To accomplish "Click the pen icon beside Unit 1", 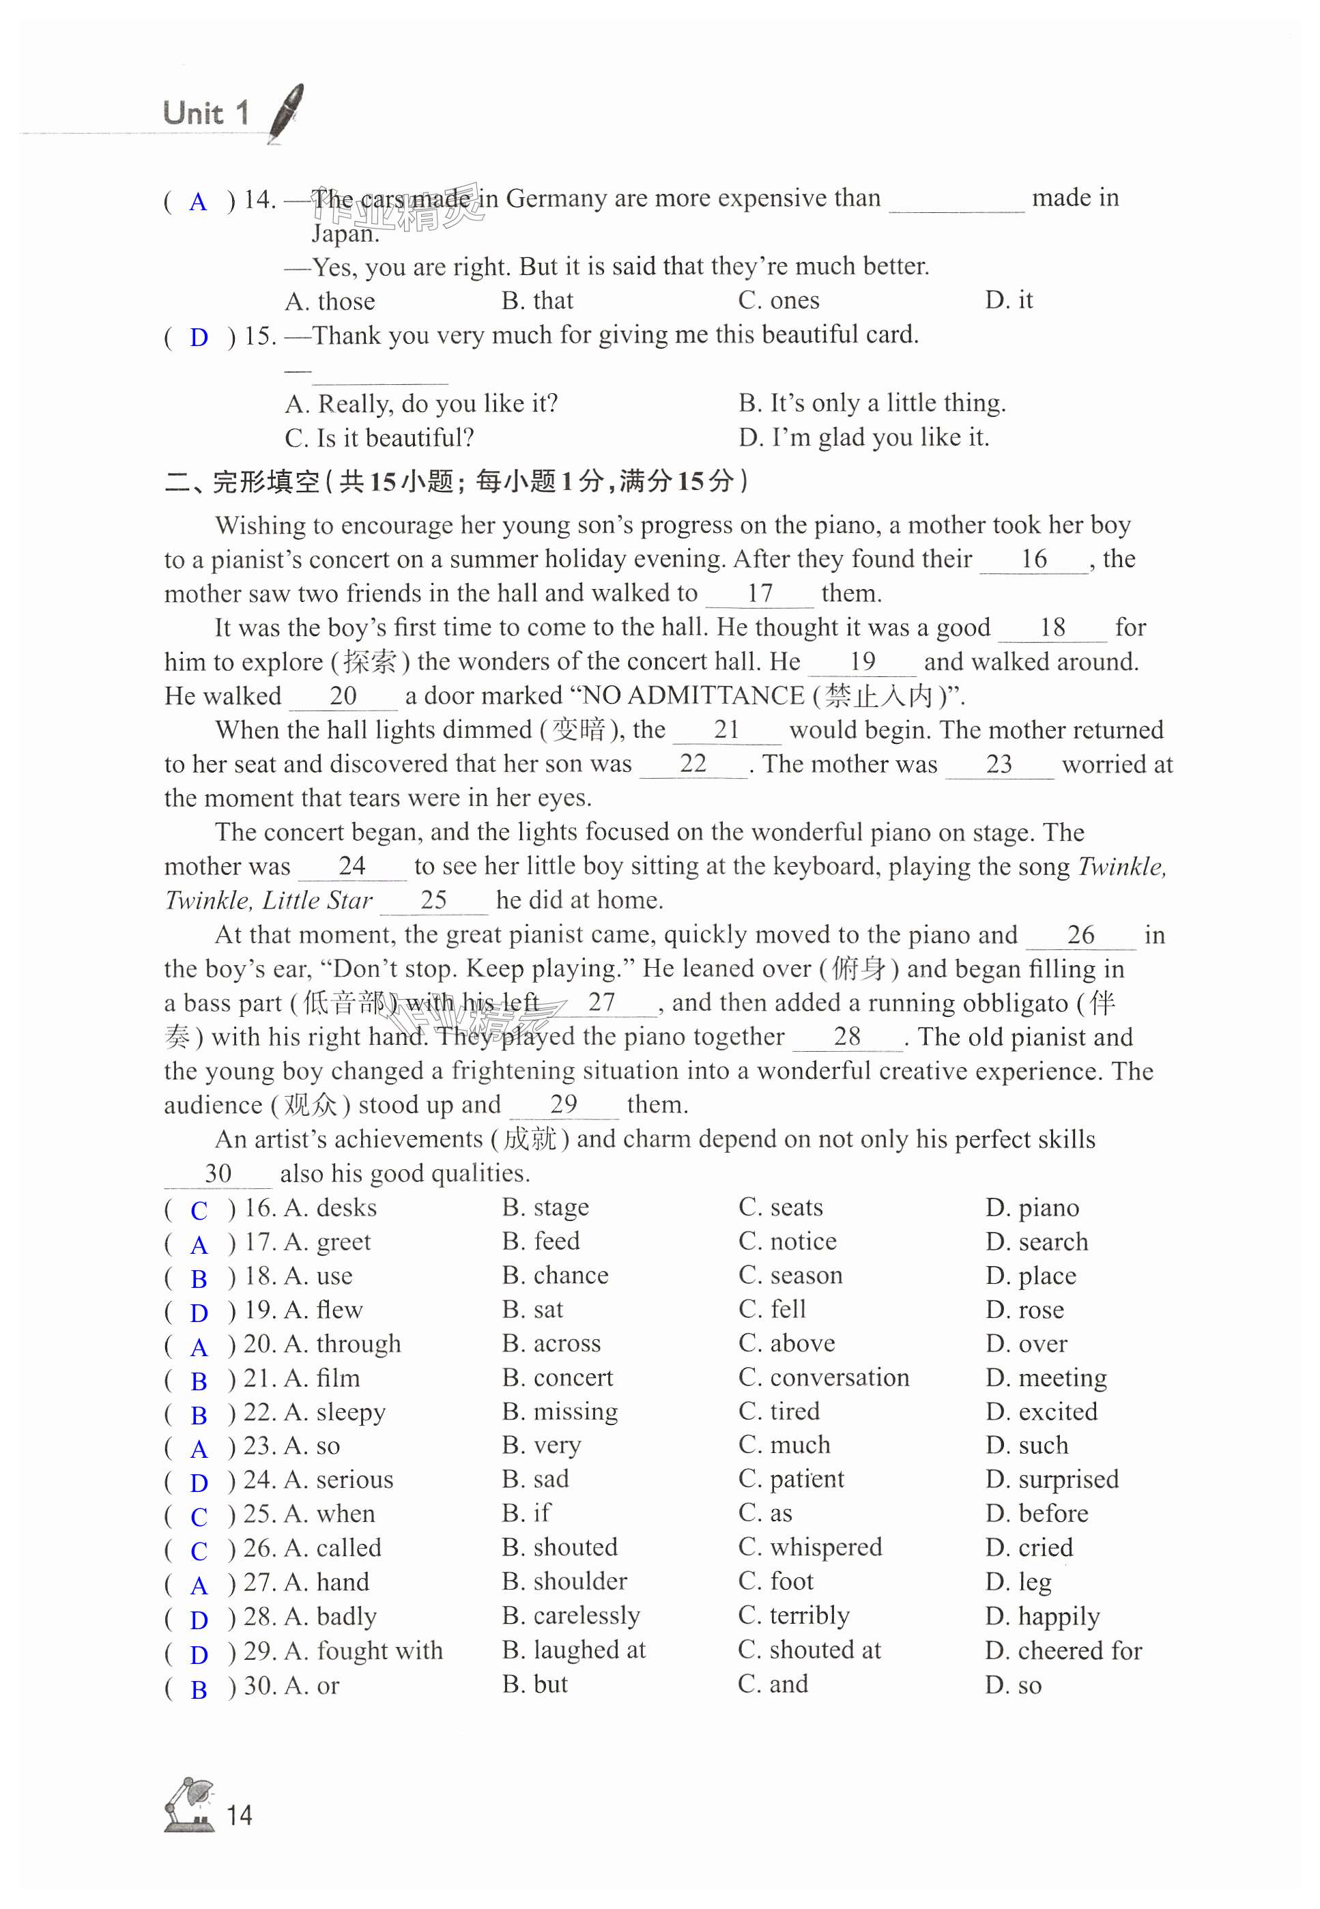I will [x=286, y=113].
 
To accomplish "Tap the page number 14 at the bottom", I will [x=239, y=1815].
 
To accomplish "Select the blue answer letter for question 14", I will [x=198, y=202].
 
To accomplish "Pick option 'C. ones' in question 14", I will [x=778, y=300].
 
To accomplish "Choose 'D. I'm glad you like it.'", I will [x=863, y=437].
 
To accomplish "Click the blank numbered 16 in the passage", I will [x=1033, y=560].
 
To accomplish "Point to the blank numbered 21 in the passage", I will [x=726, y=730].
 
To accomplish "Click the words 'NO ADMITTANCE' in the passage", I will [x=693, y=695].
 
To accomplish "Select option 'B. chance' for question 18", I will [x=555, y=1276].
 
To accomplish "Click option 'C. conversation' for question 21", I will [x=824, y=1377].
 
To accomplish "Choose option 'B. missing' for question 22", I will [x=560, y=1411].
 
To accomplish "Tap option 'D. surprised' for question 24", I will [x=1051, y=1479].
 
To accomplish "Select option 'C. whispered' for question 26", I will [x=811, y=1547].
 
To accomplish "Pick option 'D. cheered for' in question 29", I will [x=1063, y=1650].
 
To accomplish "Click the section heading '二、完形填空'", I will [x=242, y=481].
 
